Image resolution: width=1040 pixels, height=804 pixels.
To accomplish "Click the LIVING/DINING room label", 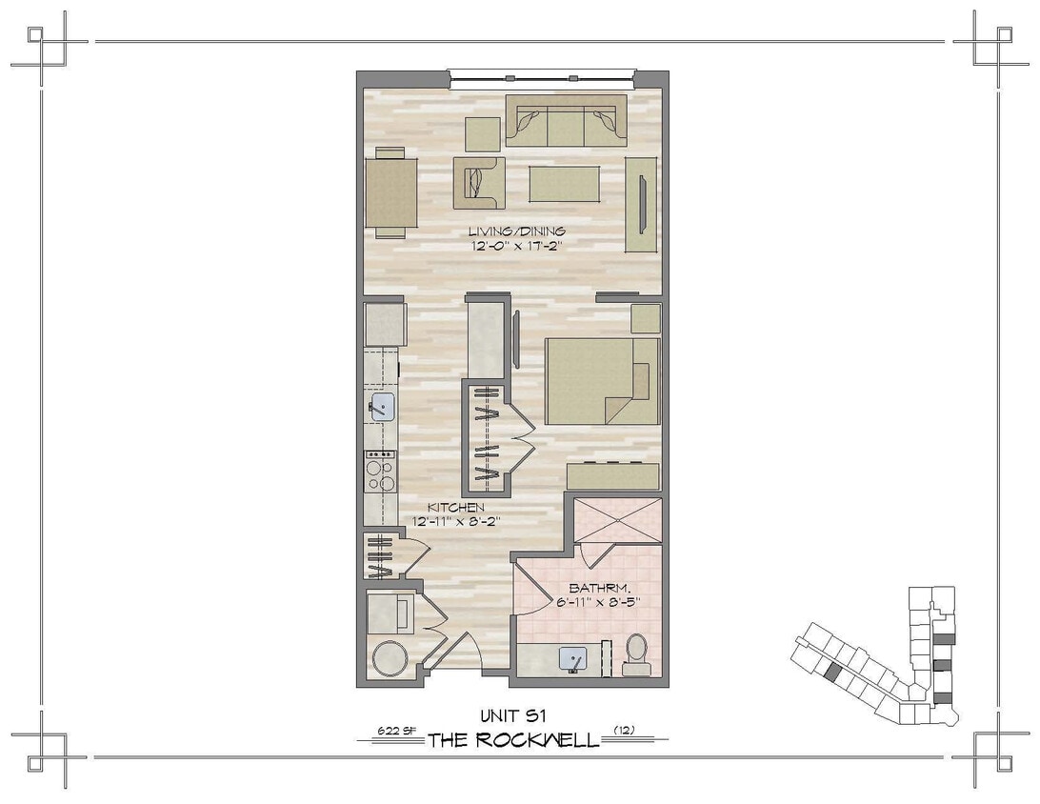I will coord(516,231).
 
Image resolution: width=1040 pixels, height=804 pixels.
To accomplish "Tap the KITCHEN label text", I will coord(455,508).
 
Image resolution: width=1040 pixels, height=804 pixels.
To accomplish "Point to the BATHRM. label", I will coord(597,588).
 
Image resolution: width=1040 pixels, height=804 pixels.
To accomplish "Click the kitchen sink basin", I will coord(383,408).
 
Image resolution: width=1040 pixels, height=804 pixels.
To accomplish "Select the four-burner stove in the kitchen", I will coord(381,471).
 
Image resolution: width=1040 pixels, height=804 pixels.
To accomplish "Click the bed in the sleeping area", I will coord(601,380).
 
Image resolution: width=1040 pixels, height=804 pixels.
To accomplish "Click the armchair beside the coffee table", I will coord(478,182).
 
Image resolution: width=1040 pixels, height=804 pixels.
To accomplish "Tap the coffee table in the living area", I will coord(564,184).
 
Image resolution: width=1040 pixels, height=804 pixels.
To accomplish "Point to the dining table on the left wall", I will coord(391,191).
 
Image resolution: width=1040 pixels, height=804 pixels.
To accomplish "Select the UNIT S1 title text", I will coord(513,714).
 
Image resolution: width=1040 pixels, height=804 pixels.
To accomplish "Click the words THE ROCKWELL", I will coord(513,740).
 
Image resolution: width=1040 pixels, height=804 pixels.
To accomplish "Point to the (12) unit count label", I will coord(626,731).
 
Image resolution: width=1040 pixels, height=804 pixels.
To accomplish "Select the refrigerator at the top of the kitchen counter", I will coord(386,324).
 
